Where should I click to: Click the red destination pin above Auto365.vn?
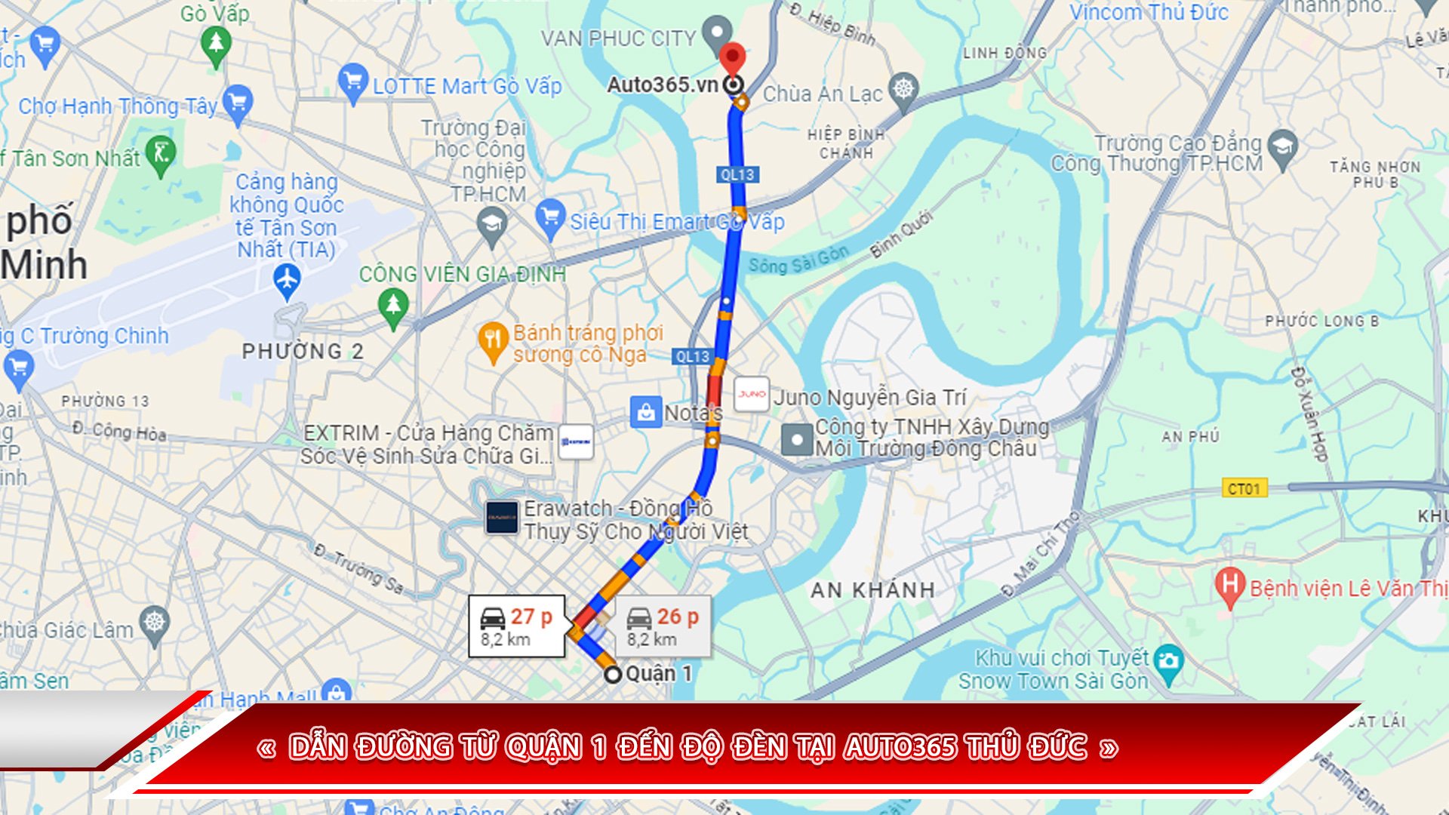(x=731, y=57)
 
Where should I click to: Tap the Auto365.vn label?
(x=662, y=85)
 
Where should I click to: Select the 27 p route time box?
(x=517, y=626)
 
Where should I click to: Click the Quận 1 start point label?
(x=658, y=673)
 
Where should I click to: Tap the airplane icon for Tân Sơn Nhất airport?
(x=287, y=279)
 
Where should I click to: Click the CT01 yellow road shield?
(x=1244, y=488)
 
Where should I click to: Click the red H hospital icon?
(x=1229, y=585)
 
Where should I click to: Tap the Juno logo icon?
(x=752, y=394)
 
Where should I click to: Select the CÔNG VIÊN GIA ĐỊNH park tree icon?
(x=392, y=306)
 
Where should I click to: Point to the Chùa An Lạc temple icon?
(x=903, y=89)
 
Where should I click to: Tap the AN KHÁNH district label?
(x=872, y=590)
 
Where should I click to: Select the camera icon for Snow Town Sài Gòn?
(x=1168, y=662)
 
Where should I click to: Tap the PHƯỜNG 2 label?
(x=303, y=351)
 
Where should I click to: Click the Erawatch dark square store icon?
(x=502, y=518)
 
